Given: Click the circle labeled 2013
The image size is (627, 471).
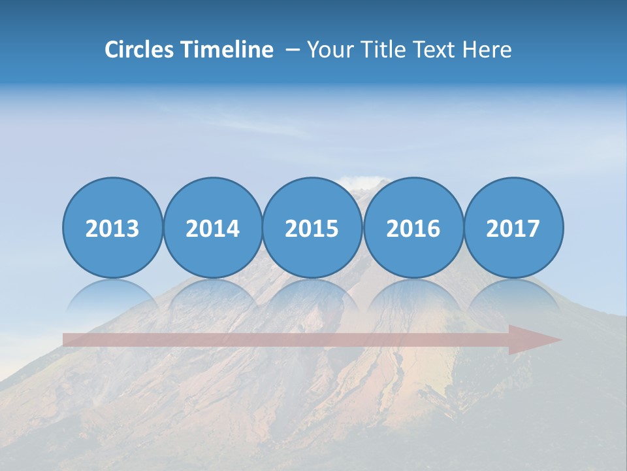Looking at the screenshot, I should pos(112,228).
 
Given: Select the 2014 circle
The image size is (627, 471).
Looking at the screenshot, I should pos(213,228).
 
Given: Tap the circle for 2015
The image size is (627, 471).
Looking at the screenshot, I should pos(312,228).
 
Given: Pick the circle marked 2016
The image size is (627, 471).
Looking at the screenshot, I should pos(413,228).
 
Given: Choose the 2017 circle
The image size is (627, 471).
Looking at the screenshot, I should pos(513,228).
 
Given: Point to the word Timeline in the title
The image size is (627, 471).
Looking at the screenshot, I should pos(228,50).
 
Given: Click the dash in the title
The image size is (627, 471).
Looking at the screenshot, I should pos(292,50).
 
